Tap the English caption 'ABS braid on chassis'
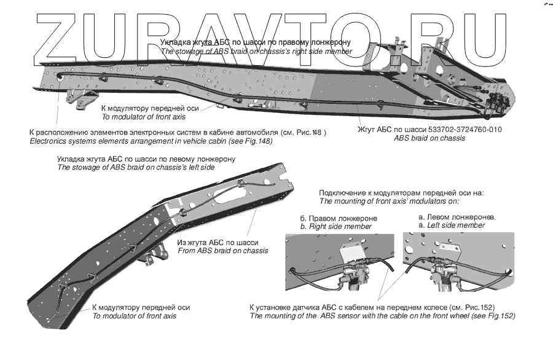click(429, 138)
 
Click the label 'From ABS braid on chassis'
click(222, 251)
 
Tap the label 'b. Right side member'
click(335, 227)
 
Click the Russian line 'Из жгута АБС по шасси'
click(218, 242)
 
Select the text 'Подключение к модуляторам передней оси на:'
click(402, 192)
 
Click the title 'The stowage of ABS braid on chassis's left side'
click(136, 167)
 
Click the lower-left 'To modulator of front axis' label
click(134, 316)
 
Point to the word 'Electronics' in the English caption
click(50, 141)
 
